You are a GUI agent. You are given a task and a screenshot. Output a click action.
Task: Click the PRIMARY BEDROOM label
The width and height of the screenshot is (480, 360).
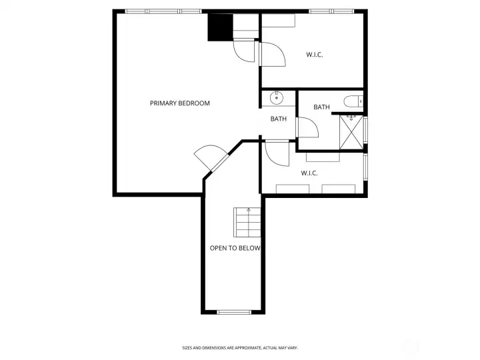[180, 103]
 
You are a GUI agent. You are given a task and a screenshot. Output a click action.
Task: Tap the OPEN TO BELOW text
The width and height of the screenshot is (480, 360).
[235, 248]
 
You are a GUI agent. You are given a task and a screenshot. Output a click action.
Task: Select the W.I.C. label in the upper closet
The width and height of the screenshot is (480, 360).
[315, 55]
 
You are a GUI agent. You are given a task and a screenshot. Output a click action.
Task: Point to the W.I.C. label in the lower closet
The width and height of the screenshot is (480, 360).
[309, 173]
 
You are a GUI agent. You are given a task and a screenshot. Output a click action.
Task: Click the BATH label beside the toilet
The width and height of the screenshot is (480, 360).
[322, 107]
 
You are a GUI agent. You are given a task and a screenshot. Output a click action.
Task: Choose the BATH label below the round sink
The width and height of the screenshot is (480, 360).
[279, 119]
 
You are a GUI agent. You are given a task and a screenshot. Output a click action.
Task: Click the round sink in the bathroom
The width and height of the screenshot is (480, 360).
[277, 99]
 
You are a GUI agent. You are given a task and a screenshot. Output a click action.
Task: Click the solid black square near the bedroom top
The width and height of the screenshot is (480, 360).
[219, 28]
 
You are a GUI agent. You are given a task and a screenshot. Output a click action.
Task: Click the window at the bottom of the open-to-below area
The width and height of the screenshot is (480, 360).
[235, 311]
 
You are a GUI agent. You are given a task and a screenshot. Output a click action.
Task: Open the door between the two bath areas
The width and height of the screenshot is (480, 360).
[307, 127]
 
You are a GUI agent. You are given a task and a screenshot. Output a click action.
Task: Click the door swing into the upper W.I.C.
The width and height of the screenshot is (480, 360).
[272, 54]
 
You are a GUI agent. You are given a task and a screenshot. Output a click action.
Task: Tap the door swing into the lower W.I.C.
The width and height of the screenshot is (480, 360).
[275, 154]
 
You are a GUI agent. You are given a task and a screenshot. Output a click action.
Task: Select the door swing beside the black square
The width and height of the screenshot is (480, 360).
[243, 51]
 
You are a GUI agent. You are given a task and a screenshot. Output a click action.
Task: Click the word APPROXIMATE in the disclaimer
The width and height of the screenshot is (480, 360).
[245, 347]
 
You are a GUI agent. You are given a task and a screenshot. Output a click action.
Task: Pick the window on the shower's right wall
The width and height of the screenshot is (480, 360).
[366, 129]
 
